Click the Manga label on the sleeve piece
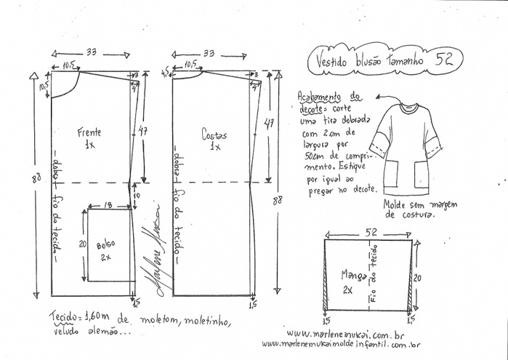click(x=353, y=275)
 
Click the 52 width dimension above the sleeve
click(x=370, y=232)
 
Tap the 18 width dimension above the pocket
click(x=108, y=206)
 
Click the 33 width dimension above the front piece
click(x=92, y=53)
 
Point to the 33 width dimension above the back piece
click(x=209, y=53)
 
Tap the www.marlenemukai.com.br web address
click(x=346, y=333)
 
